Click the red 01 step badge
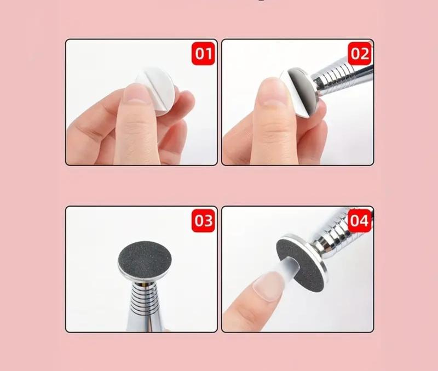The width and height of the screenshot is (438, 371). (203, 53)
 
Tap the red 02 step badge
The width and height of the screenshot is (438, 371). (360, 53)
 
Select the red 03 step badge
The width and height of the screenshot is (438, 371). (203, 221)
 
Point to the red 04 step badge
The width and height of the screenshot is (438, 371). (360, 221)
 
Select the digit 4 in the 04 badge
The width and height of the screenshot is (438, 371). (365, 221)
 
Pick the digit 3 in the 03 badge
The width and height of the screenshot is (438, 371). (209, 221)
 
